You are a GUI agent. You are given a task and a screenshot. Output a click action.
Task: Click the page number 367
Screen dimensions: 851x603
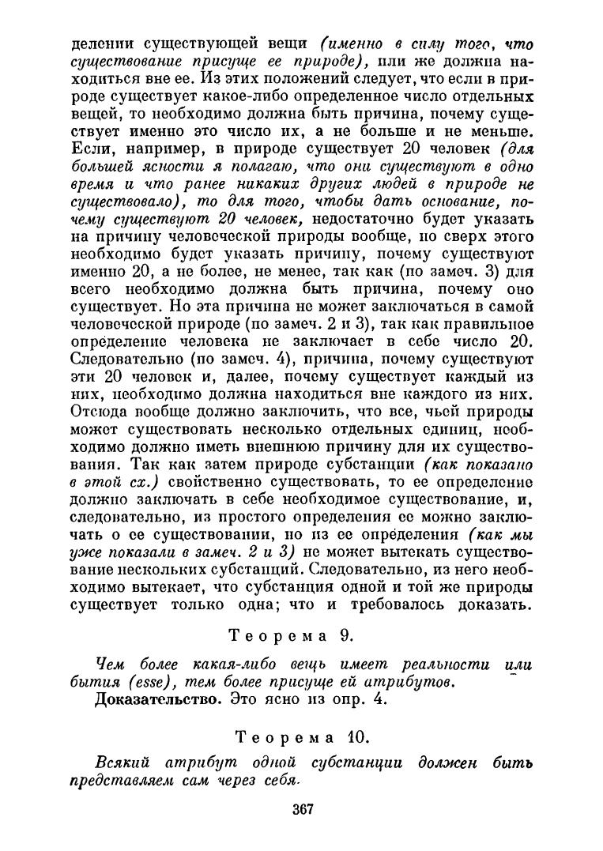point(303,808)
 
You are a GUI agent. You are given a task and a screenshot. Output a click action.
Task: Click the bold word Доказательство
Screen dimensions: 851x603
point(159,699)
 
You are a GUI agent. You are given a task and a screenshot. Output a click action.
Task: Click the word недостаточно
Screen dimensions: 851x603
point(375,216)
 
